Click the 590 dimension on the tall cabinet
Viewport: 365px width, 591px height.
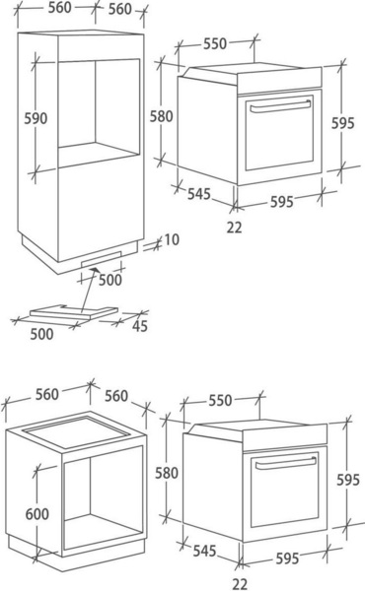(x=36, y=118)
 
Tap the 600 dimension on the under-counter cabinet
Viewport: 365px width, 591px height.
(x=36, y=514)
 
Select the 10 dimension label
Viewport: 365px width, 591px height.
(x=172, y=239)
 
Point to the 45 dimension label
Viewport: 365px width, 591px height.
(x=140, y=326)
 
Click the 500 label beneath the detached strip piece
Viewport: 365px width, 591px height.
(x=41, y=334)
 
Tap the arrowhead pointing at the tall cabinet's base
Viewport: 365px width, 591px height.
(x=94, y=270)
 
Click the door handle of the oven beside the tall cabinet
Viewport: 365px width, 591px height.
(x=281, y=106)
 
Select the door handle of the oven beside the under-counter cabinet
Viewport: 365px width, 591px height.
(x=286, y=463)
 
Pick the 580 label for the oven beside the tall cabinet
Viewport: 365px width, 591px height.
(x=162, y=116)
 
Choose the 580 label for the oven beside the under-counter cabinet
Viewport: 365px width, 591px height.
(x=167, y=473)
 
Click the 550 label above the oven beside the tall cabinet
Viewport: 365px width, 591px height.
(x=215, y=43)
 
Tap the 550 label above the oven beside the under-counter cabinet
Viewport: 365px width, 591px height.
(x=220, y=400)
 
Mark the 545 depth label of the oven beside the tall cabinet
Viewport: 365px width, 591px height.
(x=199, y=194)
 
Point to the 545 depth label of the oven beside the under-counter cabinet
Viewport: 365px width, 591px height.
(x=204, y=551)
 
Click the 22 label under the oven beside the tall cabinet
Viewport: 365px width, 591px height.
(x=235, y=228)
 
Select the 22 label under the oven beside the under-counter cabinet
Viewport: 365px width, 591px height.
(x=240, y=584)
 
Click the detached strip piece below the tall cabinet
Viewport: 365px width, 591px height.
(x=74, y=312)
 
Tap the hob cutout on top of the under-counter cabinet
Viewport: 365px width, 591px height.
(x=76, y=432)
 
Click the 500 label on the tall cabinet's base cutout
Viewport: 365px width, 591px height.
(x=110, y=280)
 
